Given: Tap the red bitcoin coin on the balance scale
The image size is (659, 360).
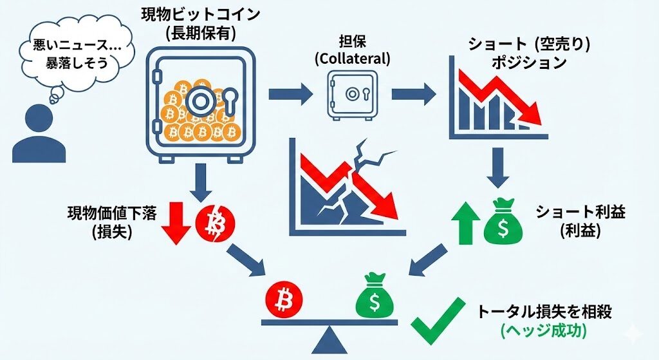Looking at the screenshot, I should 283,298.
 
